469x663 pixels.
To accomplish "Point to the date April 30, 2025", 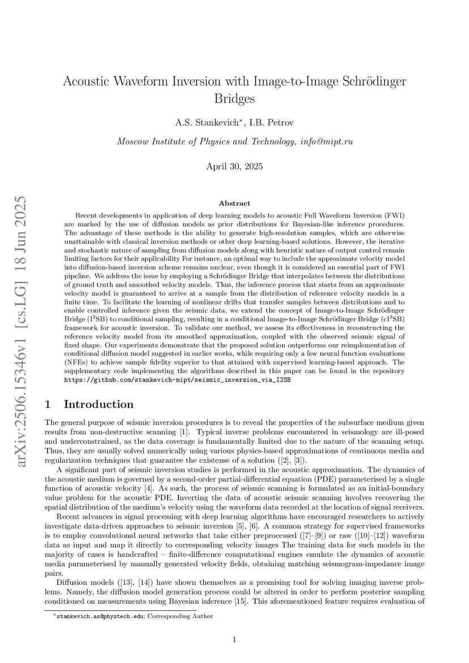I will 234,166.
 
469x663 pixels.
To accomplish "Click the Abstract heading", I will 234,203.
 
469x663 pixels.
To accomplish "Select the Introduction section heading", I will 99,404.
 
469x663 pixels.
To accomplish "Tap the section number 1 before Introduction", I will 48,404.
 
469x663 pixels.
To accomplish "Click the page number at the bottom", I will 234,640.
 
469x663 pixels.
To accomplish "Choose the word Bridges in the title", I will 234,99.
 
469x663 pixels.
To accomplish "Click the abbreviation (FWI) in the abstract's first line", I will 392,216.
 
